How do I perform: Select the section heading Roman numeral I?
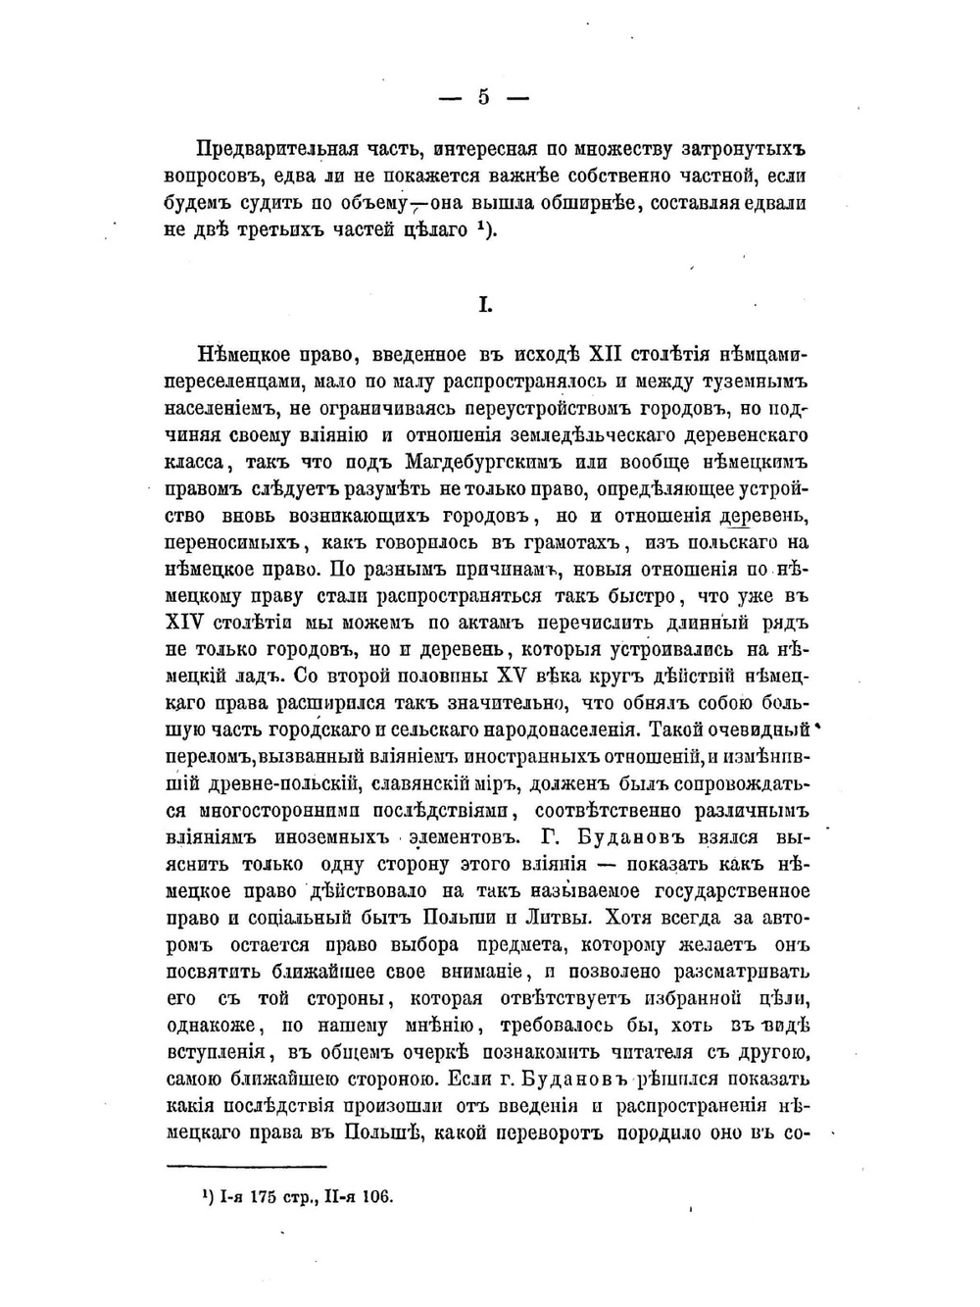pos(484,305)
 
